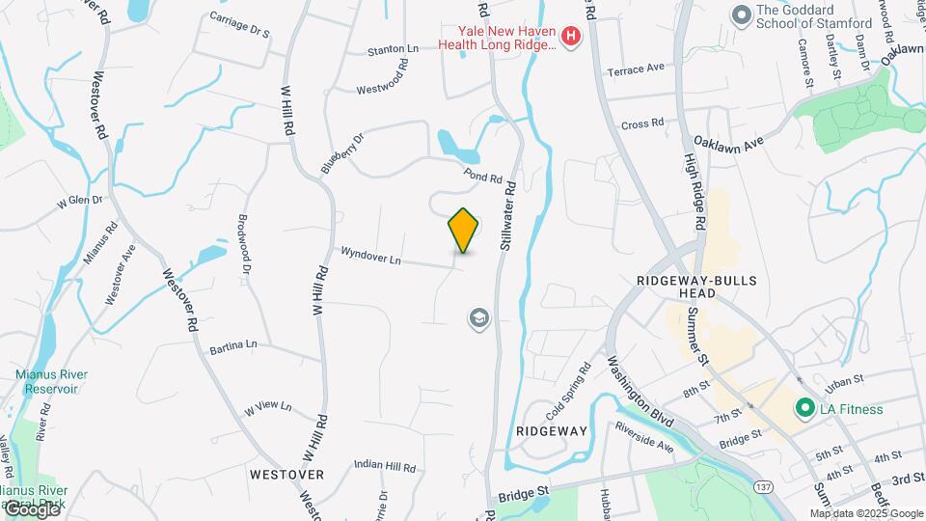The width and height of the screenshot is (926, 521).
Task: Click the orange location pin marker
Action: click(x=463, y=230)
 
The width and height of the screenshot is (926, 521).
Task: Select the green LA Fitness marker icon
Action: click(x=802, y=408)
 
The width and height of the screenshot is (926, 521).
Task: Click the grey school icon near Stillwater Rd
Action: click(x=478, y=317)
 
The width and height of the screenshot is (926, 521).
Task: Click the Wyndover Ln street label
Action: click(x=370, y=256)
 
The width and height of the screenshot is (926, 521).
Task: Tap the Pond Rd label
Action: click(x=483, y=177)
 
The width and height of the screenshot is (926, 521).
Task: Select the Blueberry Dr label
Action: click(x=342, y=152)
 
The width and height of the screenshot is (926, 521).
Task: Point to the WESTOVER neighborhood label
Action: click(x=286, y=474)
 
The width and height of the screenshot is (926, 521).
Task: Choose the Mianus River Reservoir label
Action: click(x=45, y=381)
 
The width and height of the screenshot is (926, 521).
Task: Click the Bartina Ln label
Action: click(x=233, y=344)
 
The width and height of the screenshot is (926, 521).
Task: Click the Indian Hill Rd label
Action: click(x=384, y=467)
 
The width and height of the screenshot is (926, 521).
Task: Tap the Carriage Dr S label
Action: click(x=239, y=25)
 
